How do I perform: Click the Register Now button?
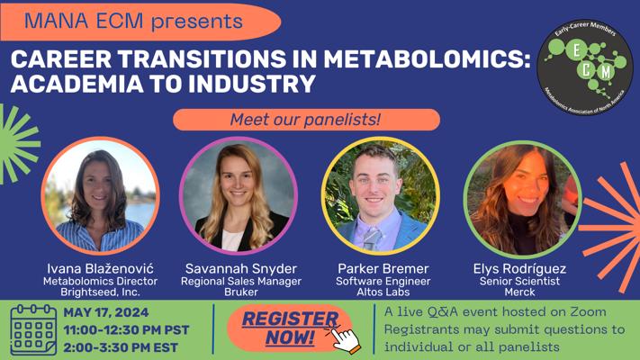[x=289, y=328]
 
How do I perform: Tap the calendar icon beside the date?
[x=33, y=329]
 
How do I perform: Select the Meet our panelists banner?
[x=306, y=120]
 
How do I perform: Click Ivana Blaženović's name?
[x=101, y=268]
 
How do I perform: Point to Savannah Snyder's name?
[x=241, y=268]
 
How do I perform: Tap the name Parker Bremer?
[x=383, y=268]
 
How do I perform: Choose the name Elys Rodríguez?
[x=519, y=268]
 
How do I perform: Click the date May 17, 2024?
[x=105, y=312]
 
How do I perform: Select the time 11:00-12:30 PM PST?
[x=126, y=329]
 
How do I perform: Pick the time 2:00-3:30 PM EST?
[x=121, y=347]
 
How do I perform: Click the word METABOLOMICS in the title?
[x=427, y=58]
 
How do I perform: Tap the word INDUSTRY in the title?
[x=251, y=84]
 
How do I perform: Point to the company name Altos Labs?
[x=383, y=292]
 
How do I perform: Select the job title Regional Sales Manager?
[x=241, y=281]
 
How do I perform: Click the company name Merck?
[x=519, y=292]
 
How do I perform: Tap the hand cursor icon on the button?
[x=344, y=339]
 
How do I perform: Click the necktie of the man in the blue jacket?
[x=372, y=238]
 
